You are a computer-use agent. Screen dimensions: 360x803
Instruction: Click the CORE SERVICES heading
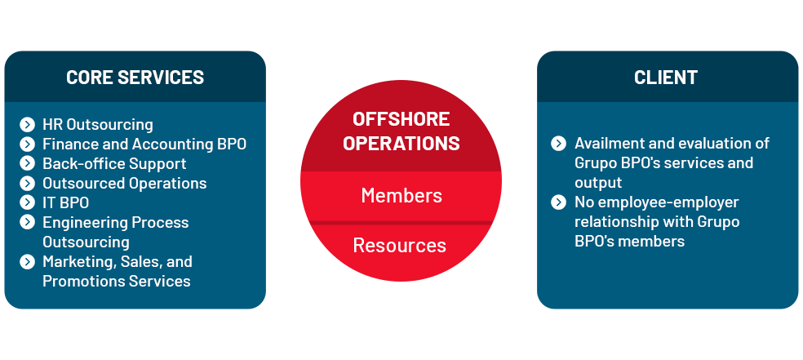pyautogui.click(x=135, y=78)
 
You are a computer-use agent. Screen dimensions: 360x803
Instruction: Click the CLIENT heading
pyautogui.click(x=666, y=78)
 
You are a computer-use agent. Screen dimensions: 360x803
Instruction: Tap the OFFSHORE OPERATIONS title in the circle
pyautogui.click(x=401, y=131)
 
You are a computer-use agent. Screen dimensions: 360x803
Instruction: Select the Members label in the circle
pyautogui.click(x=401, y=196)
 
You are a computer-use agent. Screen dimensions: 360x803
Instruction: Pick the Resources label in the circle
pyautogui.click(x=400, y=245)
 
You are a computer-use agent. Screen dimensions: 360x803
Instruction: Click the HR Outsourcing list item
pyautogui.click(x=98, y=125)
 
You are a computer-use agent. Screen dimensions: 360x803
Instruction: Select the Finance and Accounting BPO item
pyautogui.click(x=144, y=144)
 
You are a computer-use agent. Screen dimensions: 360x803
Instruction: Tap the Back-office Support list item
pyautogui.click(x=114, y=164)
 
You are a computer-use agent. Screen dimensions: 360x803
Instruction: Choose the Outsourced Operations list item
pyautogui.click(x=124, y=184)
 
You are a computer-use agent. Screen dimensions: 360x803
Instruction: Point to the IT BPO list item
pyautogui.click(x=65, y=203)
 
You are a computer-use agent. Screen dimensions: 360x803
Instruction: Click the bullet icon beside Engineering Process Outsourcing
pyautogui.click(x=28, y=223)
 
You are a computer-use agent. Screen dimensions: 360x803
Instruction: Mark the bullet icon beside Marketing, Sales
pyautogui.click(x=28, y=262)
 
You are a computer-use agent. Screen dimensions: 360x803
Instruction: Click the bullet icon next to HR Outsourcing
pyautogui.click(x=28, y=125)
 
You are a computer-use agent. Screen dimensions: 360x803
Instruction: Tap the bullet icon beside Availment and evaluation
pyautogui.click(x=559, y=144)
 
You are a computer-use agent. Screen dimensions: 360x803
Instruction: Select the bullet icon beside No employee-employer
pyautogui.click(x=559, y=202)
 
